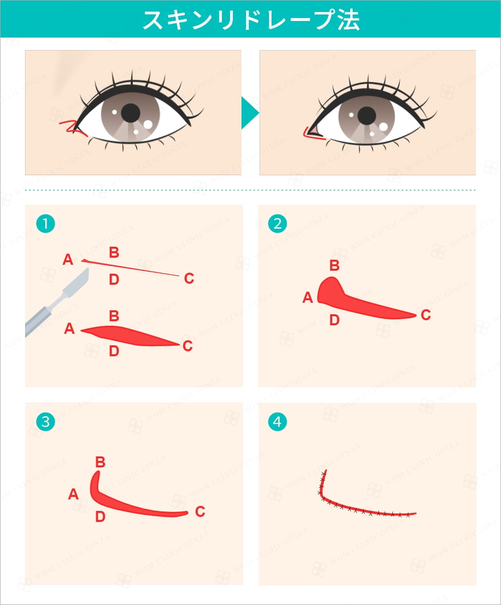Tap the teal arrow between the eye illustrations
250,113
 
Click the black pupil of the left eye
131,113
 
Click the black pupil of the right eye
367,116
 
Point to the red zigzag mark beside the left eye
73,128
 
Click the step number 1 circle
46,223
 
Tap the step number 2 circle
278,223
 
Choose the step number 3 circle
46,421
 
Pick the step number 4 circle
278,421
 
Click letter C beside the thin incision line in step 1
189,278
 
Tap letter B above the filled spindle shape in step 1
114,316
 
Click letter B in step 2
335,265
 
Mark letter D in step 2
335,320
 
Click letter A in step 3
73,494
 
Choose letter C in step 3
200,511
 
